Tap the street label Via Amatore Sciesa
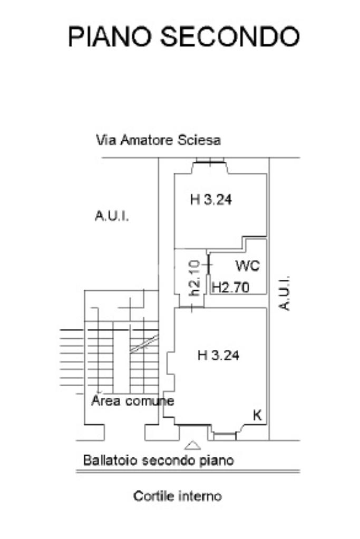tap(158, 140)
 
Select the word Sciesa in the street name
tap(202, 140)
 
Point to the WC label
tap(247, 266)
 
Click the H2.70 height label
tap(230, 287)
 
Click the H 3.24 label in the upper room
tap(211, 200)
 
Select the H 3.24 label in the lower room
tap(218, 356)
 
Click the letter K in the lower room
tap(257, 415)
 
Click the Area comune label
tap(132, 401)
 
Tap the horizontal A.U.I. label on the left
tap(112, 216)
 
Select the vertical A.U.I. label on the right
tap(285, 292)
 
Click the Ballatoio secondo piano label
tap(158, 460)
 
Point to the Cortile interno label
tap(178, 496)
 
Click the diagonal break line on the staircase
tap(144, 343)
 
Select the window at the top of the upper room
tap(208, 161)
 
